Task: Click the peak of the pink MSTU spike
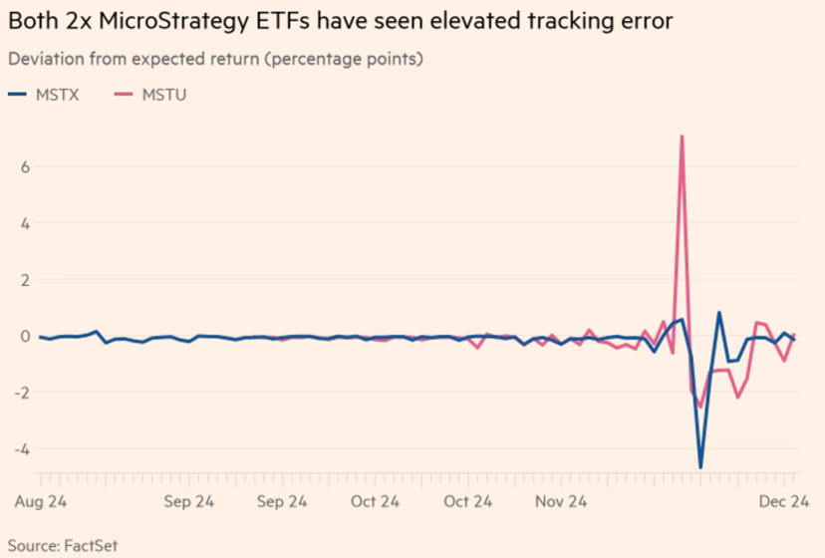click(682, 137)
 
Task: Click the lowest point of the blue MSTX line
click(700, 467)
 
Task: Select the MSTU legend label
click(164, 95)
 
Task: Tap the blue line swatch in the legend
click(18, 95)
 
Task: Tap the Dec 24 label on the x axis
click(783, 501)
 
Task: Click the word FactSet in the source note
click(91, 545)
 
